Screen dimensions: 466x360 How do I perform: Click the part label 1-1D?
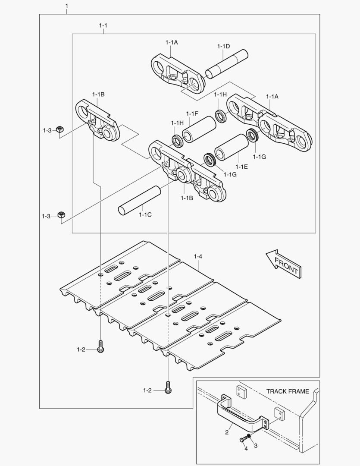(x=223, y=46)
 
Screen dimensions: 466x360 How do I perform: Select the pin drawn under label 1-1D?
(x=227, y=65)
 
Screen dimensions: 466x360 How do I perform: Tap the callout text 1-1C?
(x=145, y=214)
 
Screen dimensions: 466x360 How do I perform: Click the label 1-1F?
(x=192, y=113)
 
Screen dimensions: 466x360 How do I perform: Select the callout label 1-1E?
(x=241, y=166)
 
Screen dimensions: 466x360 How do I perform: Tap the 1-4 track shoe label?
(x=198, y=256)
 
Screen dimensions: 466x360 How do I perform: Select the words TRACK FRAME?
(x=287, y=391)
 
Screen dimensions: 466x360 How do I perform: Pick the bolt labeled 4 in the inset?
(x=242, y=440)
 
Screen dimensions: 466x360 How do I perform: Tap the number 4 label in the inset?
(x=246, y=449)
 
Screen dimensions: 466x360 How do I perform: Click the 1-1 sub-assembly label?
(x=103, y=25)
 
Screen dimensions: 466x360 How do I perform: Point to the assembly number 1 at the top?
(x=66, y=6)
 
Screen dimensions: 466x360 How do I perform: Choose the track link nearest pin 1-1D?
(x=177, y=73)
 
